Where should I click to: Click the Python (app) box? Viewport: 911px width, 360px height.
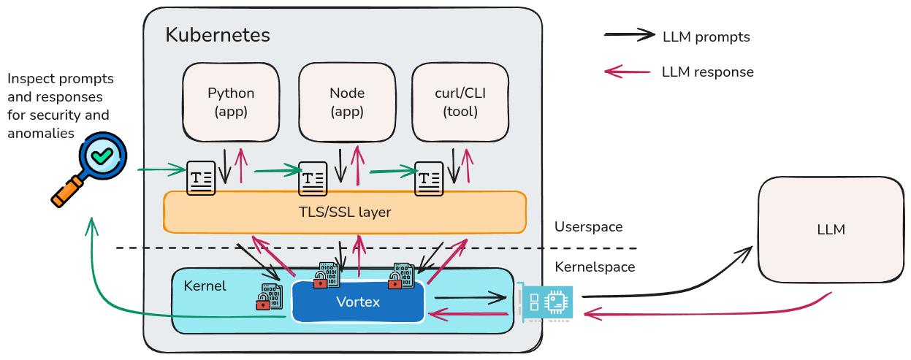231,102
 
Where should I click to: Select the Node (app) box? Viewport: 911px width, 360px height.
347,102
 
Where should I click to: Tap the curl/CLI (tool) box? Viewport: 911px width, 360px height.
460,102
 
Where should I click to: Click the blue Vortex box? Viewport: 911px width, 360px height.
358,302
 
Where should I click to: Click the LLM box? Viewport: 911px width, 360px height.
831,229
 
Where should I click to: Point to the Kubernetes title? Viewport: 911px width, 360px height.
218,34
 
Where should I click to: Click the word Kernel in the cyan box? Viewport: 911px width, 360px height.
205,286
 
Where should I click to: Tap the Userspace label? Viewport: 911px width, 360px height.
588,227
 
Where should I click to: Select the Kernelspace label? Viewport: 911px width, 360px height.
594,267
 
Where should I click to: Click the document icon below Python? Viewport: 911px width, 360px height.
201,177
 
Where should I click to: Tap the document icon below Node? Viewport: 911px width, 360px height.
313,179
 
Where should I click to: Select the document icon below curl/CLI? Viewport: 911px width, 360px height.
430,179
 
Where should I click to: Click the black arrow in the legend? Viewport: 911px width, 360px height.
630,34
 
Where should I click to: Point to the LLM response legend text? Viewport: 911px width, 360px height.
707,72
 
